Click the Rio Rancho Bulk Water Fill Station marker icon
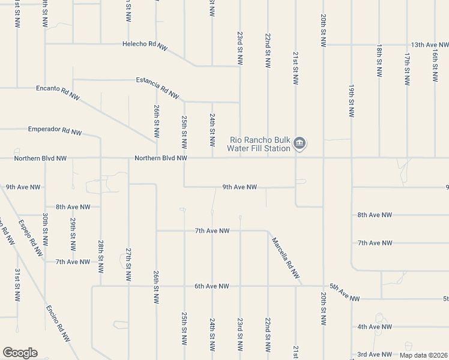coord(300,144)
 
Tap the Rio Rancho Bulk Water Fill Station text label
coord(261,144)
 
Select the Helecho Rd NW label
coord(145,44)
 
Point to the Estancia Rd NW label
coord(158,88)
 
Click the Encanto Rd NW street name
coord(58,92)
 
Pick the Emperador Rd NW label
coord(55,130)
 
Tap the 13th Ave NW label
coord(430,45)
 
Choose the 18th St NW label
coord(379,60)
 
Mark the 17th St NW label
coord(407,67)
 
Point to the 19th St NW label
coord(351,100)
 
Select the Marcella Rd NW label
coord(285,258)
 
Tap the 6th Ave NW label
coord(212,287)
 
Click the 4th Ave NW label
coord(375,327)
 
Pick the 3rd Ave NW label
coord(375,355)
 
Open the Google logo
coord(20,353)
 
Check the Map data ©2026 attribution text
coord(423,355)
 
